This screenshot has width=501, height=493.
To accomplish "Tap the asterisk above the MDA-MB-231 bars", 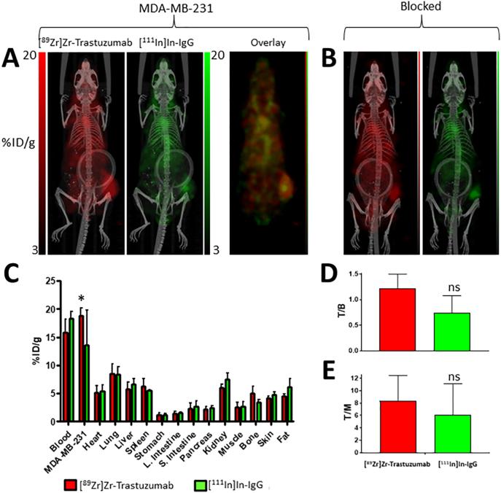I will [x=82, y=299].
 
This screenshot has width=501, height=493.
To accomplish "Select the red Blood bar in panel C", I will [x=66, y=376].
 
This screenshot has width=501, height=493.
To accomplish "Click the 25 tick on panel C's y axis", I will [x=50, y=281].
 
